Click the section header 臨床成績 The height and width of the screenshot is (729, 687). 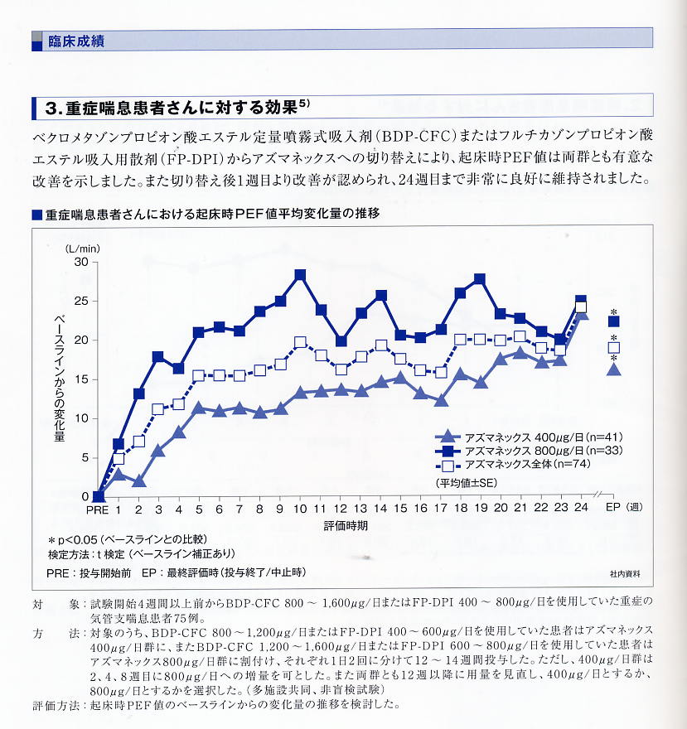pyautogui.click(x=75, y=41)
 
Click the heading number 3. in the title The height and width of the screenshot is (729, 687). pyautogui.click(x=56, y=108)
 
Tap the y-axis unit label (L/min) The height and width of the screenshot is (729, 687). pyautogui.click(x=83, y=247)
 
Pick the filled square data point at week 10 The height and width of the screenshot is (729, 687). pyautogui.click(x=300, y=275)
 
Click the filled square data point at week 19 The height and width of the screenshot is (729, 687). pyautogui.click(x=480, y=279)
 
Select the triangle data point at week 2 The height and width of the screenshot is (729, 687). pyautogui.click(x=138, y=480)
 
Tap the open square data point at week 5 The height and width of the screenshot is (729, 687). pyautogui.click(x=199, y=375)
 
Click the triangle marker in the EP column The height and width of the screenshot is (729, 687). pyautogui.click(x=613, y=369)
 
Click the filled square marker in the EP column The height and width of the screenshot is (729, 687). pyautogui.click(x=613, y=321)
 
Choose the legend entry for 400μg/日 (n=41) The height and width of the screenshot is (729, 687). pyautogui.click(x=530, y=437)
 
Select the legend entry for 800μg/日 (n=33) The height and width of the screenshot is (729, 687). pyautogui.click(x=530, y=451)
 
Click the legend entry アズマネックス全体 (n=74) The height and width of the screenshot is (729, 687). pyautogui.click(x=530, y=465)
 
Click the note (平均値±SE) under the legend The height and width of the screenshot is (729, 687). pyautogui.click(x=466, y=481)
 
